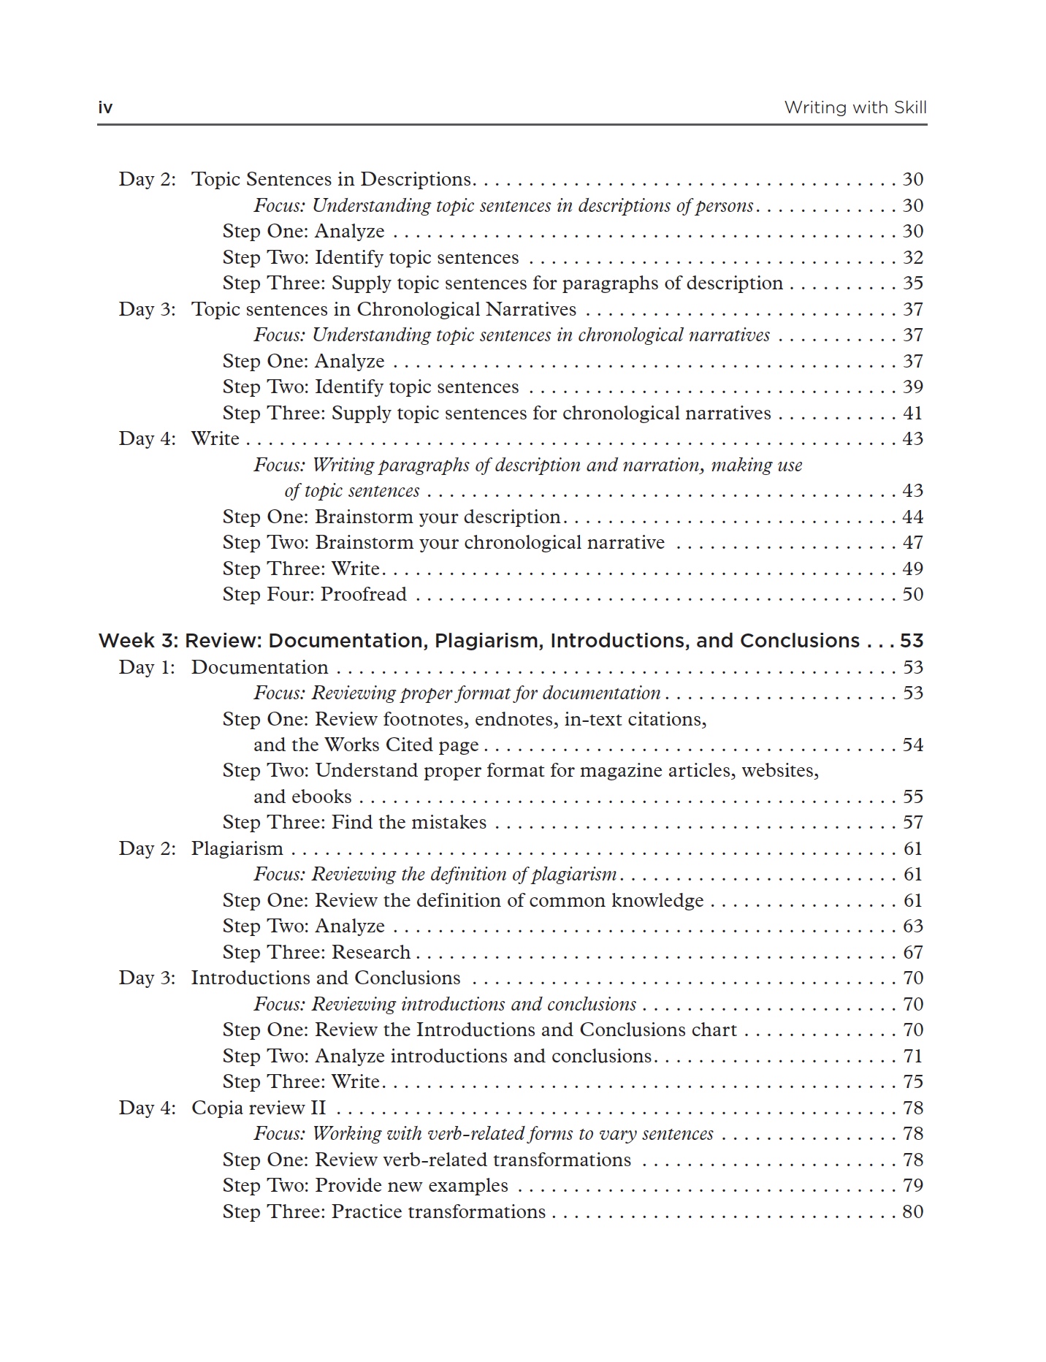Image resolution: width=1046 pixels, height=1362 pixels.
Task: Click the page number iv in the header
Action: point(105,108)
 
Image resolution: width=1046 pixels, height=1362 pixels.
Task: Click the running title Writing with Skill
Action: point(855,108)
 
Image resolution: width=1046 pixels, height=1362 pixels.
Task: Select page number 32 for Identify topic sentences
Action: point(912,257)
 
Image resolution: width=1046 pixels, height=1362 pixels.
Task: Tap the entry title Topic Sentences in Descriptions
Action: point(332,180)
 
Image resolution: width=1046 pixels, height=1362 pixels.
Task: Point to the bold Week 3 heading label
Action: point(137,641)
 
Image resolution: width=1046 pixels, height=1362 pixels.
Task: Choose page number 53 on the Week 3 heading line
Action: point(911,641)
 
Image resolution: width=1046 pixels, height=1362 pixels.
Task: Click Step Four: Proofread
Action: point(314,594)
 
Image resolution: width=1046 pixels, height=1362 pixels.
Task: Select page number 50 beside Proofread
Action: point(912,594)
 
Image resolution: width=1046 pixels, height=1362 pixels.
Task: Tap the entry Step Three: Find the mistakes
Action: point(354,822)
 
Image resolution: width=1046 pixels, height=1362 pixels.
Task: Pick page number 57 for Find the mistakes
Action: point(912,822)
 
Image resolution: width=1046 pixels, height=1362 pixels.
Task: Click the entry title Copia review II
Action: point(258,1108)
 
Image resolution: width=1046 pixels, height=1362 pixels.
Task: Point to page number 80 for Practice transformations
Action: point(912,1211)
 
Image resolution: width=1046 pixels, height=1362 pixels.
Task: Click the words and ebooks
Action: point(302,796)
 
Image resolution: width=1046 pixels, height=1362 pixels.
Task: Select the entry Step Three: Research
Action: point(316,952)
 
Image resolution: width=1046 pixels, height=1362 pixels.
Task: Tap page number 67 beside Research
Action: point(912,952)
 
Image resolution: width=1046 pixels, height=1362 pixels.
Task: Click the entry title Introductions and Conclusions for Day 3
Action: point(326,978)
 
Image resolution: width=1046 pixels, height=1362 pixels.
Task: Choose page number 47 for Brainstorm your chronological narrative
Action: point(912,542)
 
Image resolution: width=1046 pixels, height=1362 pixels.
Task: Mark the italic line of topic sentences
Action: point(351,491)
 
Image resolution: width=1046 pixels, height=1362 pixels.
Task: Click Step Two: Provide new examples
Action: point(365,1185)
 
